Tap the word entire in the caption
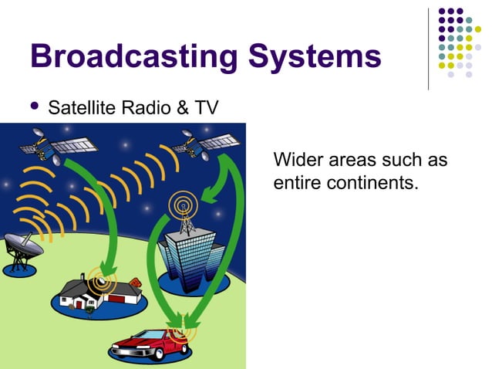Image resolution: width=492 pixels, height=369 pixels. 294,184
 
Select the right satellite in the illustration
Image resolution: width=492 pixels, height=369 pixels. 204,143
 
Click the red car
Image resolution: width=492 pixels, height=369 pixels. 150,343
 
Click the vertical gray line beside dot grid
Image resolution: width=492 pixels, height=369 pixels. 429,48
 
